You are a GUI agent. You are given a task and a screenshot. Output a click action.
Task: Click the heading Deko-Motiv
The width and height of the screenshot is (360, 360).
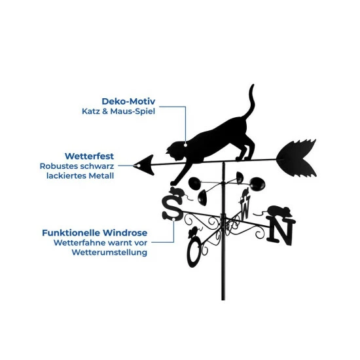(x=128, y=101)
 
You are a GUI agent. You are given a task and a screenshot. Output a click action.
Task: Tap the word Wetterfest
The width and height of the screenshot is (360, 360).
(x=89, y=156)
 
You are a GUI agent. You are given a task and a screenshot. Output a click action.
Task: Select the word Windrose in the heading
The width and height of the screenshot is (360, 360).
(x=125, y=233)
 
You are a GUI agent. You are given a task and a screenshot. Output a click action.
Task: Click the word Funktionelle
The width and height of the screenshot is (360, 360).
(x=71, y=233)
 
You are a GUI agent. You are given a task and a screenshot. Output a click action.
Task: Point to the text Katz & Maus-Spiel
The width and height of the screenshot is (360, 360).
(x=118, y=111)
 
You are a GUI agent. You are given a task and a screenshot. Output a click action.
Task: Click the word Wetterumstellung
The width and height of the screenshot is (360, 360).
(x=109, y=252)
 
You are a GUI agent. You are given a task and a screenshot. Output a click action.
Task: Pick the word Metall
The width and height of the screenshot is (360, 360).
(x=101, y=176)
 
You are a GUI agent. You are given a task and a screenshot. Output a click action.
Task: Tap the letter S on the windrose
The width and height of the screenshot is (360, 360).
(x=172, y=208)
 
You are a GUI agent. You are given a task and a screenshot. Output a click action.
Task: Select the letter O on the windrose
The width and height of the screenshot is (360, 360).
(x=193, y=252)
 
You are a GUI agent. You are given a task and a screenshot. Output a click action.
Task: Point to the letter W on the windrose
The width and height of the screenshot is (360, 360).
(x=245, y=207)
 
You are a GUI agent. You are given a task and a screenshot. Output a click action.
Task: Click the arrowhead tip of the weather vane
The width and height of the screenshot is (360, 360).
(x=134, y=166)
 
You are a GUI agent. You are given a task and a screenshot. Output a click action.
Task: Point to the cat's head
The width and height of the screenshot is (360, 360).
(x=176, y=151)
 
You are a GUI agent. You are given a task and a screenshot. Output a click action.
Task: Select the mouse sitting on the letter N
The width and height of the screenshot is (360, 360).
(x=279, y=211)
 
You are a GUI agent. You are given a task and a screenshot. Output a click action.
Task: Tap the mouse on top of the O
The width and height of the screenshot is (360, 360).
(x=192, y=232)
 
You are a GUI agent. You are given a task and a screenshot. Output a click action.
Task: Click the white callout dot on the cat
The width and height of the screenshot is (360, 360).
(x=185, y=145)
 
